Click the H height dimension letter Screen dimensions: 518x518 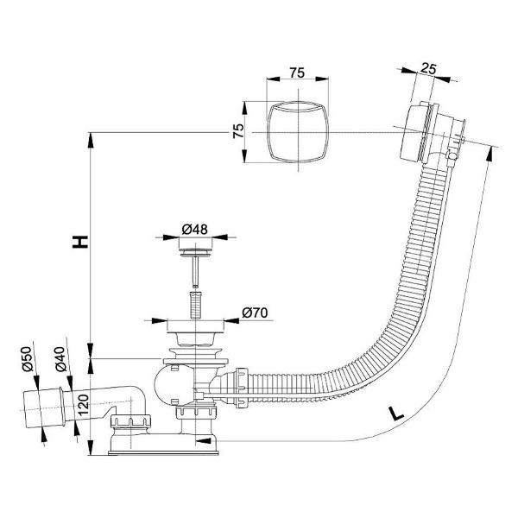tap(80, 242)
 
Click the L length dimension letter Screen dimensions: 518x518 tap(396, 414)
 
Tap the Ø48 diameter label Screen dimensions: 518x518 tap(194, 229)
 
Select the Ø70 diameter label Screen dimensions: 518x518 tap(255, 313)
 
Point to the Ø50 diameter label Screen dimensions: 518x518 tap(28, 359)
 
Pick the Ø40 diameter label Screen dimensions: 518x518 tap(60, 359)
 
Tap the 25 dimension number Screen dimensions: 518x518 tap(428, 68)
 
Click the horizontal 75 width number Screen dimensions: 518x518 tap(297, 73)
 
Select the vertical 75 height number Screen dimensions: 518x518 tap(238, 130)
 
